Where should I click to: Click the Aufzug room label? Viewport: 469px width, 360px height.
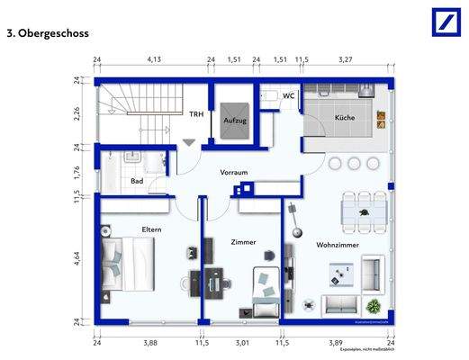pos(236,121)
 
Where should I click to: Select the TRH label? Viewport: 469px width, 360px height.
pos(196,114)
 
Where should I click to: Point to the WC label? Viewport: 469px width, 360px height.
pos(289,95)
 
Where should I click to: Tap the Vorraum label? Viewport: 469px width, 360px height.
pos(234,172)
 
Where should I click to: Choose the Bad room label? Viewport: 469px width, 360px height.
pos(138,181)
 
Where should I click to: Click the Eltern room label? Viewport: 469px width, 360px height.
pos(150,230)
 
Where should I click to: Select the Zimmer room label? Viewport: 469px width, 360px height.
pos(243,242)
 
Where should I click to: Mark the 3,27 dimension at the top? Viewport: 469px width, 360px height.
pos(345,61)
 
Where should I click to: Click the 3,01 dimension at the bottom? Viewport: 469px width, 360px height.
pos(240,342)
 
